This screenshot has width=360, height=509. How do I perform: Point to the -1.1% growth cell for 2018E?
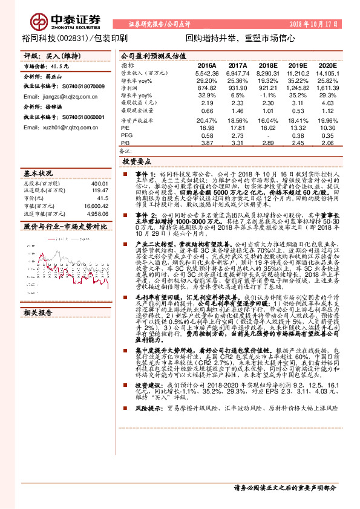point(267,96)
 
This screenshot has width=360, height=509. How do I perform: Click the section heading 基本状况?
point(38,172)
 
